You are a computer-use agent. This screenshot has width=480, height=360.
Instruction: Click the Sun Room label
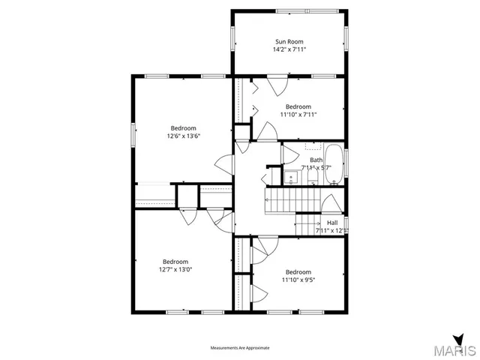point(289,41)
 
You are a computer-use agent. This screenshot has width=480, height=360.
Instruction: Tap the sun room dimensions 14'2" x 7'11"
point(289,49)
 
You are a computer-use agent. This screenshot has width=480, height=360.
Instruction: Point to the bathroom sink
point(291,178)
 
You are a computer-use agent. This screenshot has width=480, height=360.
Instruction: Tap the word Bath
point(316,160)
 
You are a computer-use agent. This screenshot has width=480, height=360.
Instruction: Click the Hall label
point(332,223)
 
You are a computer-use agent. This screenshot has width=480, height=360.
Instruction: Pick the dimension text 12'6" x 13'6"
point(183,136)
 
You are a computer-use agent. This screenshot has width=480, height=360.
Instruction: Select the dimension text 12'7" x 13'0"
point(175,269)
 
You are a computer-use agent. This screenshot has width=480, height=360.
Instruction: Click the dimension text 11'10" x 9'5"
point(298,279)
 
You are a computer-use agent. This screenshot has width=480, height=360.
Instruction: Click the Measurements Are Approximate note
point(239,348)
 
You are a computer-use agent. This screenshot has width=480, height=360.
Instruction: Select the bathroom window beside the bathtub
point(346,160)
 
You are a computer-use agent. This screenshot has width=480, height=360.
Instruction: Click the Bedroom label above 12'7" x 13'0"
point(175,261)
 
